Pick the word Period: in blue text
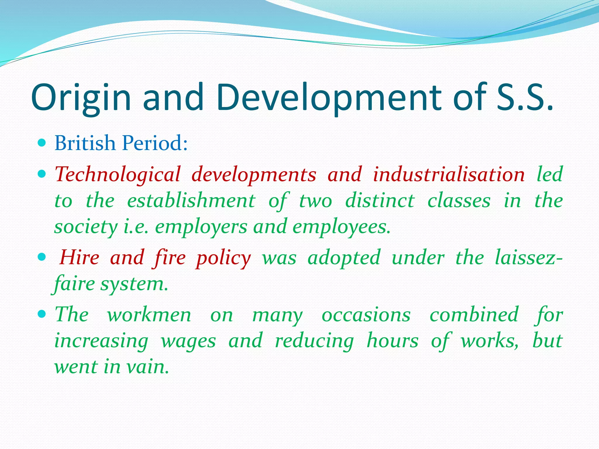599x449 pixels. [x=155, y=143]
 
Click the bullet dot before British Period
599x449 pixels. [x=42, y=143]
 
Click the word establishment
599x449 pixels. [x=191, y=201]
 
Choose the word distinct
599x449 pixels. [x=380, y=201]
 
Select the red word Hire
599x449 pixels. [x=80, y=258]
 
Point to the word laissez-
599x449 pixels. [x=528, y=258]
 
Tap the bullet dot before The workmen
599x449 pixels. [x=42, y=314]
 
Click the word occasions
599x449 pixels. [x=366, y=315]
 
